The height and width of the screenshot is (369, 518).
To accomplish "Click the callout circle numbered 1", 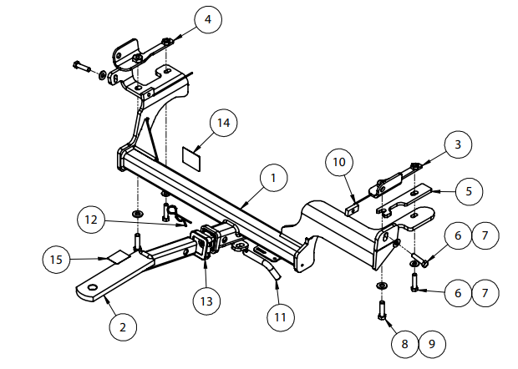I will pyautogui.click(x=272, y=178).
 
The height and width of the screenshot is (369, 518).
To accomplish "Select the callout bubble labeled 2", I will pyautogui.click(x=123, y=327).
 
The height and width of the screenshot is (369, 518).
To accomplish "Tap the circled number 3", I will pyautogui.click(x=457, y=145).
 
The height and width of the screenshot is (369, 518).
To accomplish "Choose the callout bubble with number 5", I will pyautogui.click(x=468, y=190).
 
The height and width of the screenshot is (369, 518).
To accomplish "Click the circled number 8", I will pyautogui.click(x=404, y=343).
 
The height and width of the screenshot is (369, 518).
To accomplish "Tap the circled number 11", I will pyautogui.click(x=282, y=316).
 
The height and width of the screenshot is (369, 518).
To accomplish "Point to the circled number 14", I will pyautogui.click(x=222, y=124).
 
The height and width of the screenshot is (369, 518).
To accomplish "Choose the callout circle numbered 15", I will pyautogui.click(x=56, y=260).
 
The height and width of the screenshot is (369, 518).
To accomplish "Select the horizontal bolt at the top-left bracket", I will pyautogui.click(x=86, y=68).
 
